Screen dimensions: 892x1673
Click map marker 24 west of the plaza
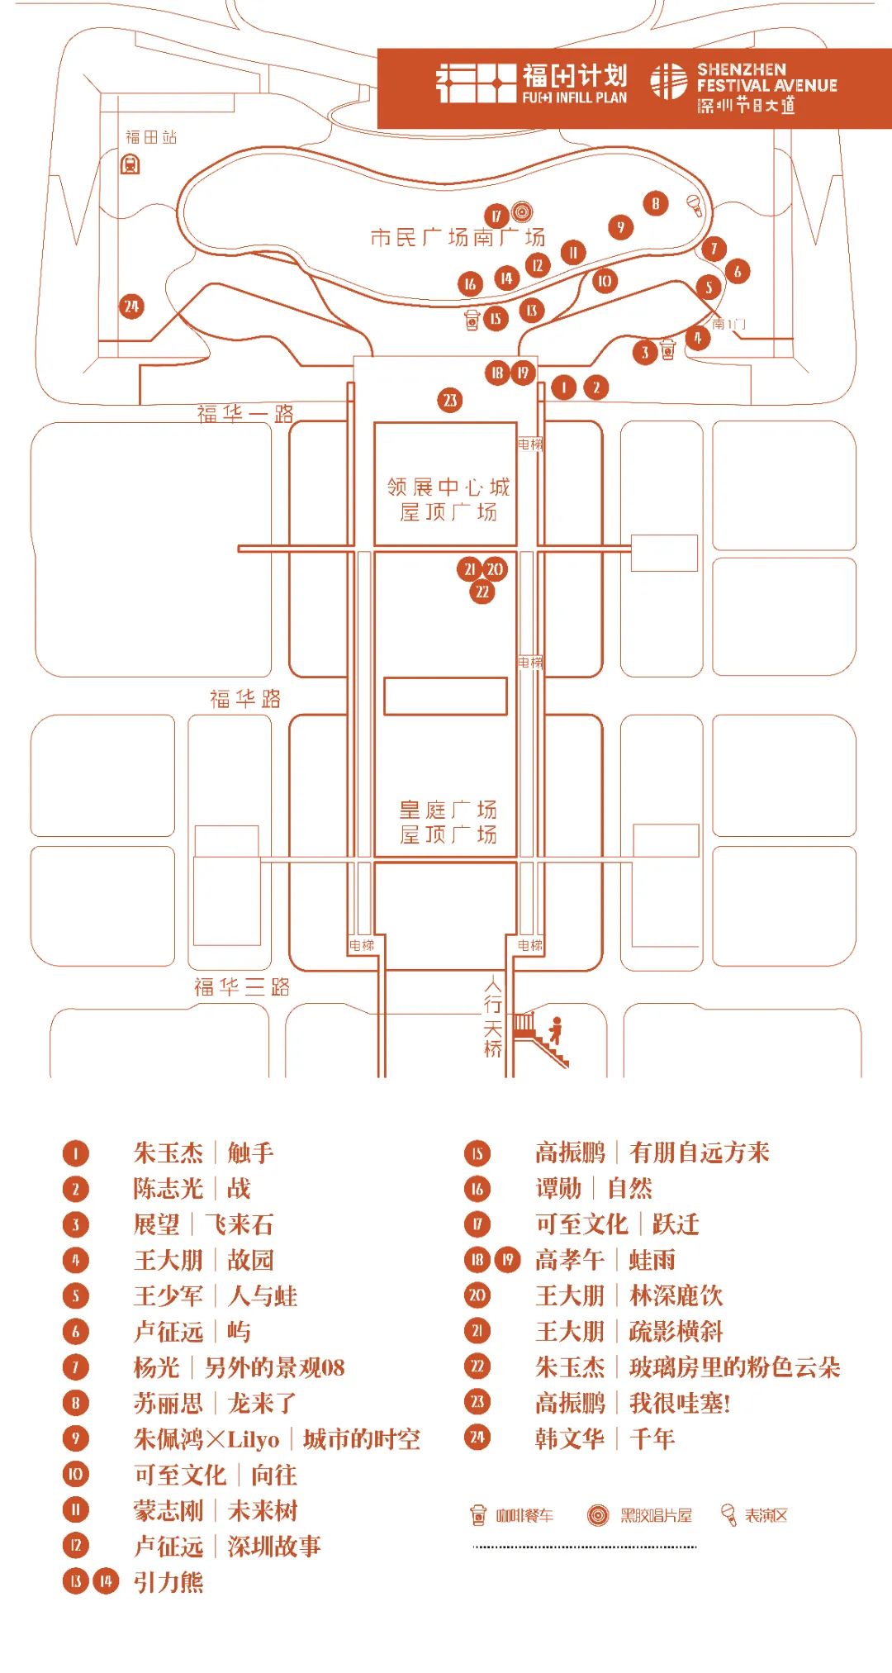pos(131,307)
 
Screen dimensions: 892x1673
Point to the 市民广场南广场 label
pos(458,237)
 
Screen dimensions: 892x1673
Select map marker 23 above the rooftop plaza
pos(450,401)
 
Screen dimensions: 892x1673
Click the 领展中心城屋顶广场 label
pos(448,499)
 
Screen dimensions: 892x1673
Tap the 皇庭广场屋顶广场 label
pos(448,821)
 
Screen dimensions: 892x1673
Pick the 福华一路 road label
pos(245,413)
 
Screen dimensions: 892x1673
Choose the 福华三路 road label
pos(242,986)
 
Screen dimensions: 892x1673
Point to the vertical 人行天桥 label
pos(493,1017)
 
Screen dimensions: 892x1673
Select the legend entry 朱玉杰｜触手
pos(203,1153)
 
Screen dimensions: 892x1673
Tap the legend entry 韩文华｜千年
pos(605,1438)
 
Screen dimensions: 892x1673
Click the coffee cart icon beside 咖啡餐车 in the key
pos(478,1515)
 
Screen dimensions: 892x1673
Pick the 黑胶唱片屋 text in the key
pos(656,1515)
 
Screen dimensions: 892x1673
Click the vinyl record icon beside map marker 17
pos(522,212)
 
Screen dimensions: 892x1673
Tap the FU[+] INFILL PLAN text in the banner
pos(574,97)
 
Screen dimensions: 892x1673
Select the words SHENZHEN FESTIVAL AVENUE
pos(766,78)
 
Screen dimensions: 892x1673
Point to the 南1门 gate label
pos(728,323)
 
